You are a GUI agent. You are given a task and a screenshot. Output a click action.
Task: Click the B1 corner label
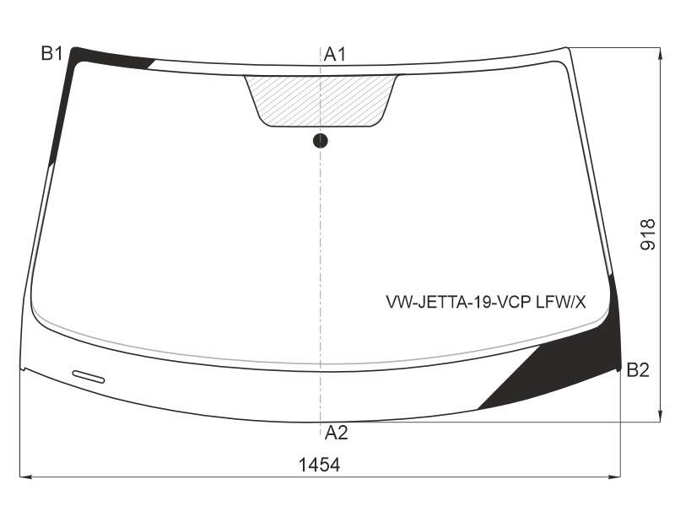pos(52,54)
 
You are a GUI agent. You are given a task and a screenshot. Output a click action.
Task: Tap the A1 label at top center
pos(335,55)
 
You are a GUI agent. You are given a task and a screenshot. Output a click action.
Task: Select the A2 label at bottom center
pos(336,433)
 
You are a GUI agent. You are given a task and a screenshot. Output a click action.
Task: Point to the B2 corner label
pos(638,370)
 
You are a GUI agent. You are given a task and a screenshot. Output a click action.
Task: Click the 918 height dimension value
pos(648,234)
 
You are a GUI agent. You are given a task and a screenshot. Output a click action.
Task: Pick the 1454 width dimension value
pos(319,465)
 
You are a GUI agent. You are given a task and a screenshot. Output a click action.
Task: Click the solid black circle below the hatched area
pos(321,141)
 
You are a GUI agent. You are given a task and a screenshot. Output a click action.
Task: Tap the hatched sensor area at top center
pos(321,101)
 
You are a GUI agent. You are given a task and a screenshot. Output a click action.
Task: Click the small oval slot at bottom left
pos(89,376)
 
